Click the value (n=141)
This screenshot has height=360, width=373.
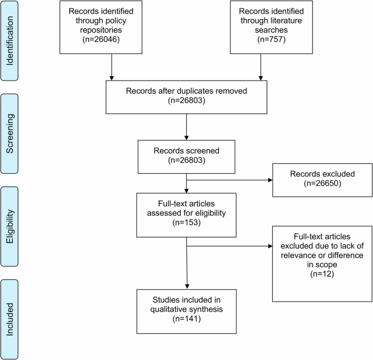point(187,319)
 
